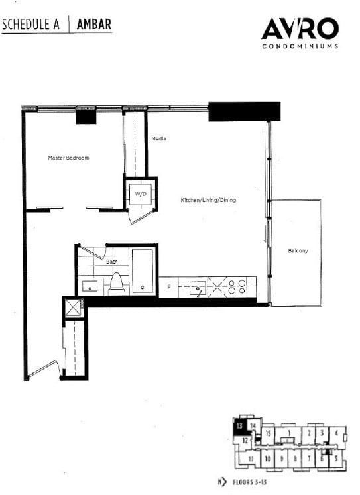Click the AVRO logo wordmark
coord(300,29)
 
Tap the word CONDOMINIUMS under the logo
coord(300,46)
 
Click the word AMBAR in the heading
coord(93,25)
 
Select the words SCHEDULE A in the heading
coord(31,25)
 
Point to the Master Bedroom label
coord(68,158)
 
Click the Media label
coord(158,139)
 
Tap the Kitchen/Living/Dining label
coord(208,200)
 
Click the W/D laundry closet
coord(141,194)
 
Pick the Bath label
coord(112,262)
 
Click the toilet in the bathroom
coord(117,284)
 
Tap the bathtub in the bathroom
coord(143,272)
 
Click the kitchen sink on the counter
coord(197,288)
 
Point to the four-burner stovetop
coord(236,287)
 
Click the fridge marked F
coord(168,287)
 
